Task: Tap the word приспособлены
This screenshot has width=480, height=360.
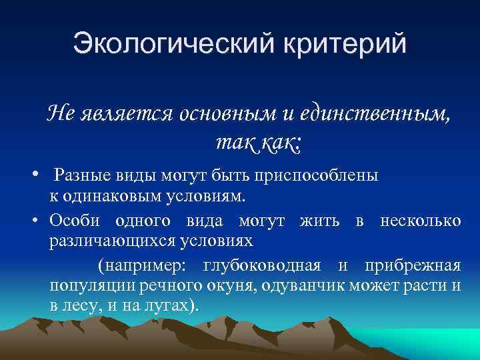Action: pos(325,175)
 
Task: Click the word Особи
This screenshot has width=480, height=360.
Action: pos(75,221)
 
